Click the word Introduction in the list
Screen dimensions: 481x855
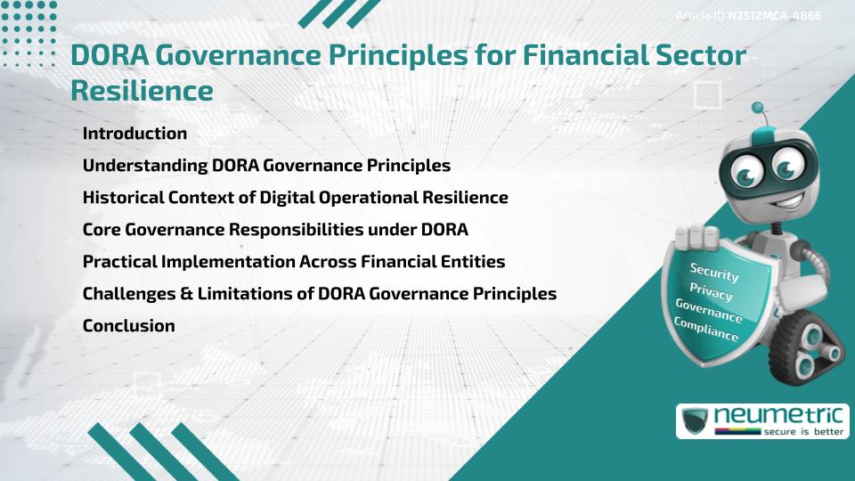(x=134, y=134)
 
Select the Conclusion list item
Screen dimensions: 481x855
(x=128, y=326)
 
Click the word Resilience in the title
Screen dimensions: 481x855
(x=142, y=91)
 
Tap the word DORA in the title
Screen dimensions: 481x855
(x=110, y=55)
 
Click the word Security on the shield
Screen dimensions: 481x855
(x=715, y=271)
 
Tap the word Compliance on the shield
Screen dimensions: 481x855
(x=706, y=330)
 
